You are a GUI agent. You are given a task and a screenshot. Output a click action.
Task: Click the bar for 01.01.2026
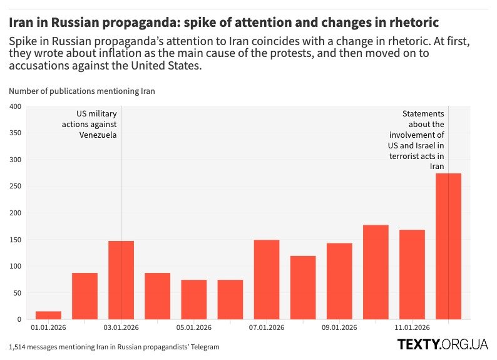point(48,316)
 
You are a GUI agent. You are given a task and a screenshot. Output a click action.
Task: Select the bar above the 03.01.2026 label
point(121,280)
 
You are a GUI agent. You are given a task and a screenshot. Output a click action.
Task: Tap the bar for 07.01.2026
point(267,279)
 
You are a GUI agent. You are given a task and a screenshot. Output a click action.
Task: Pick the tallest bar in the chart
point(448,246)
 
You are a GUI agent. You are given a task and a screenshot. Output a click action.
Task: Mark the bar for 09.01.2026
point(339,281)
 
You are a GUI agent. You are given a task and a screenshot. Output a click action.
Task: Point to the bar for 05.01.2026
point(194,299)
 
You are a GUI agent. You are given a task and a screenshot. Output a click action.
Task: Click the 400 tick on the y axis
point(16,106)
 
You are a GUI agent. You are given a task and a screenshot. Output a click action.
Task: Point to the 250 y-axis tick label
point(16,187)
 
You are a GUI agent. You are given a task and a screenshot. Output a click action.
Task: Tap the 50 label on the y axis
point(18,293)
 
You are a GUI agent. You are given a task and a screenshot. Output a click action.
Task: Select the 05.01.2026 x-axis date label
point(194,327)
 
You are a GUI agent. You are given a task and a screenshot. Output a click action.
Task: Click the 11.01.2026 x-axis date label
point(412,327)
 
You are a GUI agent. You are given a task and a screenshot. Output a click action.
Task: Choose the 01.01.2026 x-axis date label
point(48,327)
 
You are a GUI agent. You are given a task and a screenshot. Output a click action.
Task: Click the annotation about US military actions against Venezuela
point(90,124)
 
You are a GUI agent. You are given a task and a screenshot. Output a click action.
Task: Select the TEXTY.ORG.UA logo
point(442,344)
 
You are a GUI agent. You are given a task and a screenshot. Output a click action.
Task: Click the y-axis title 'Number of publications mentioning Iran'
point(82,91)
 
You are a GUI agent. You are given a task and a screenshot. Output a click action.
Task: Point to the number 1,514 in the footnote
point(19,346)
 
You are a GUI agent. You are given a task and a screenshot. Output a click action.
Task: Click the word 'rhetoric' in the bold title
point(411,23)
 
